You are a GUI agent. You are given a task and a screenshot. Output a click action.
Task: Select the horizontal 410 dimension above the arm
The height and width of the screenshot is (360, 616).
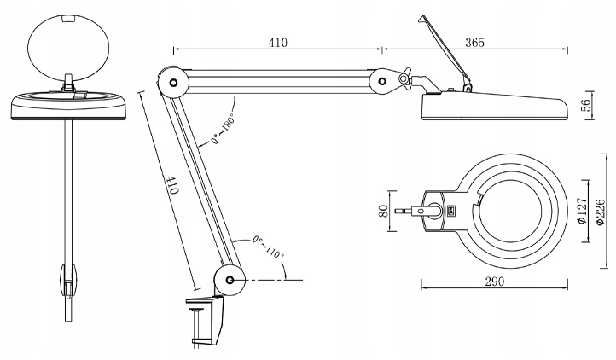click(276, 41)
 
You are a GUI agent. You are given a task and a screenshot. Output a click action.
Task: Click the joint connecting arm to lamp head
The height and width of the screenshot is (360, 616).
click(388, 81)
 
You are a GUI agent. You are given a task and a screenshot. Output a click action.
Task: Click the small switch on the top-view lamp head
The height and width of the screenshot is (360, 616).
click(452, 208)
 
